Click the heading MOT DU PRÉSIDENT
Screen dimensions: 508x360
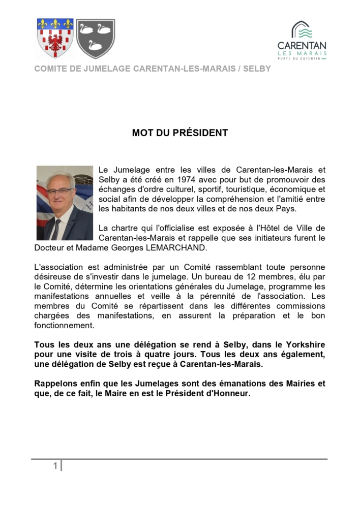click(180, 133)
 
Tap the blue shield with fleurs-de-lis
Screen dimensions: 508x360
click(55, 38)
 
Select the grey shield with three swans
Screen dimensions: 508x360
click(96, 38)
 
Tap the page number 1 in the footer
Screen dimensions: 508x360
click(55, 466)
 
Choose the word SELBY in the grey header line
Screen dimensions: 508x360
click(258, 69)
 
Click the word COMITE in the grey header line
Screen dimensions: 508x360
click(50, 69)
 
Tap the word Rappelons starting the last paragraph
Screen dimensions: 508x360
click(57, 383)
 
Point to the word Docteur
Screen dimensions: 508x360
click(49, 247)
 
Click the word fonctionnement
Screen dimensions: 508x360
click(64, 325)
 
